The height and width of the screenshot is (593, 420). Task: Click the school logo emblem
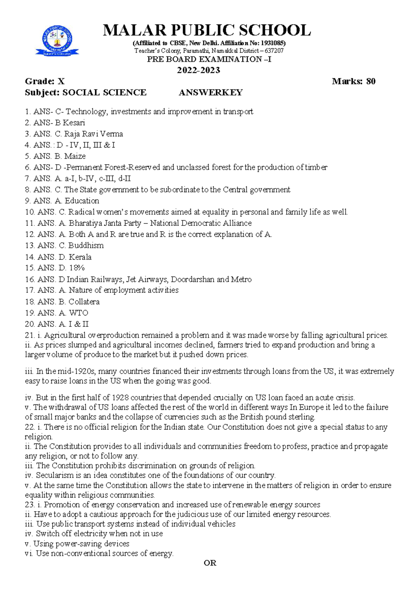57,41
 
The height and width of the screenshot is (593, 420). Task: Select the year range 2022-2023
198,70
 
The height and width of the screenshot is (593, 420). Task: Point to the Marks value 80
371,81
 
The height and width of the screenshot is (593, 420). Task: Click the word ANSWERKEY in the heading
211,93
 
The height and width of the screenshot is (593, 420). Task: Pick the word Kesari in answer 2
74,123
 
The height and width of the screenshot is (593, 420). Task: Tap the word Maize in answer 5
75,156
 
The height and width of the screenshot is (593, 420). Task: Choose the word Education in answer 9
82,201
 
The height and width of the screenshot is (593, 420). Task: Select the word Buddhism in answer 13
86,245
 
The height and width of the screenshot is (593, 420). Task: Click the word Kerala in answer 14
80,257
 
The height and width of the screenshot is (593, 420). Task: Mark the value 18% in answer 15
77,268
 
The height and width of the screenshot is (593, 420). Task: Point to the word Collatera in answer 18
84,302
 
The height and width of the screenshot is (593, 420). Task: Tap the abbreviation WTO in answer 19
78,313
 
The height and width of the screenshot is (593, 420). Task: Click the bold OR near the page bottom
210,563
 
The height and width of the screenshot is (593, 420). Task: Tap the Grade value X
61,81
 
